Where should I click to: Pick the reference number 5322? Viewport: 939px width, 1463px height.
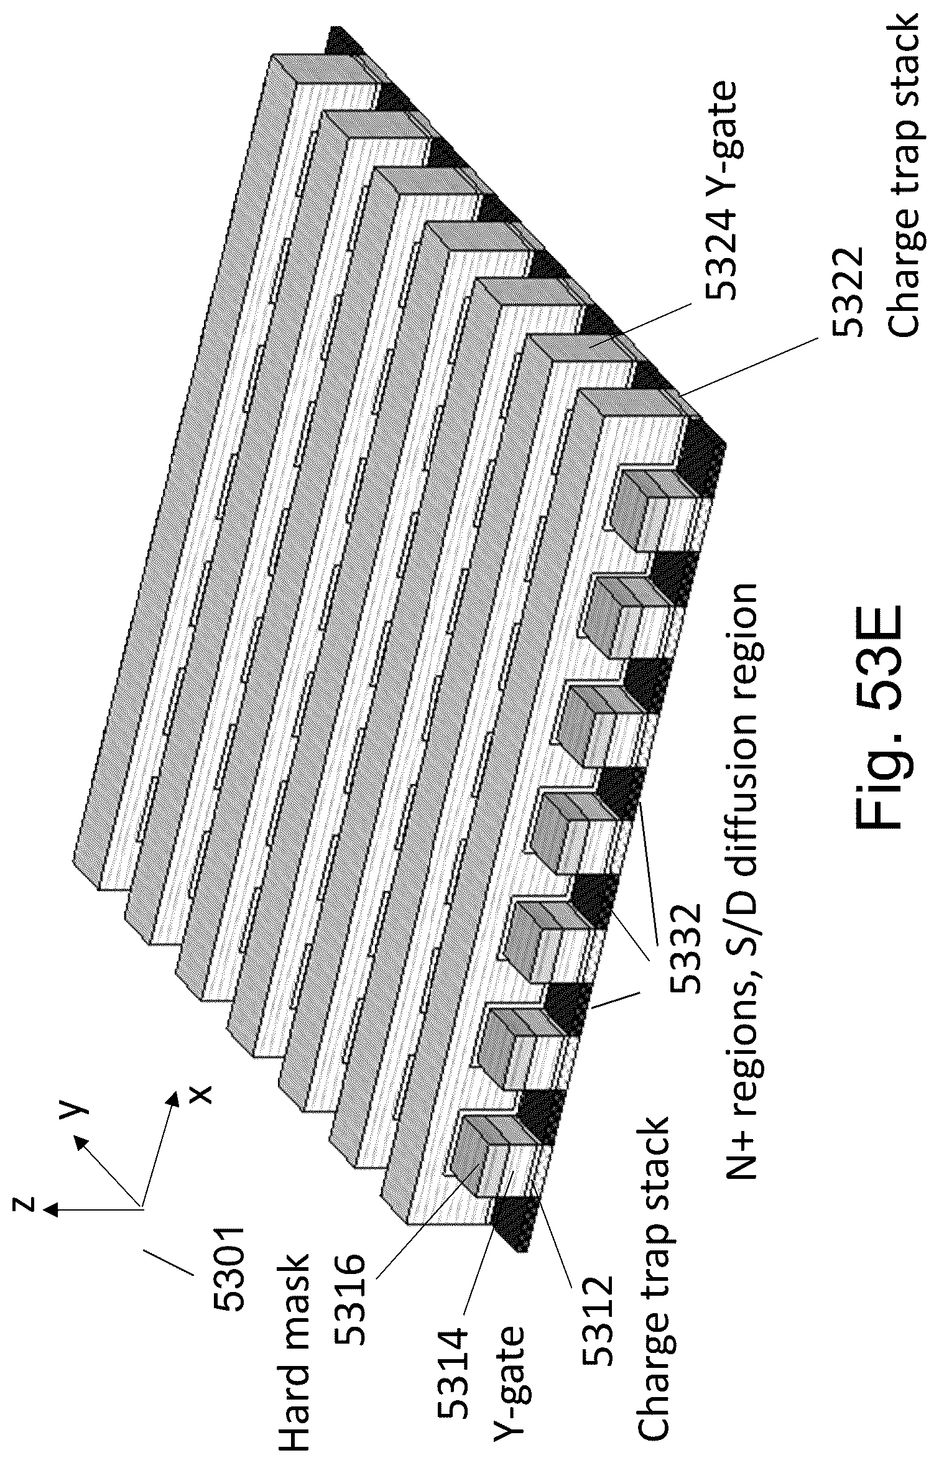(848, 293)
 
